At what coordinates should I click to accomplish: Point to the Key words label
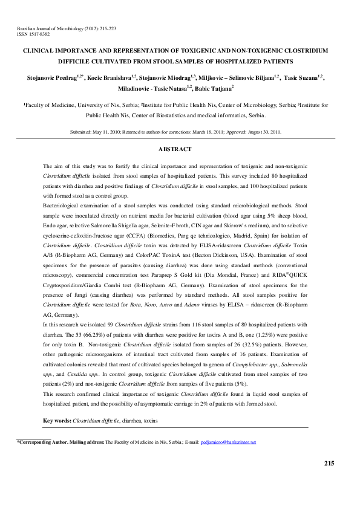[57, 420]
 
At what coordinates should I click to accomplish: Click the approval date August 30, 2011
[262, 131]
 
